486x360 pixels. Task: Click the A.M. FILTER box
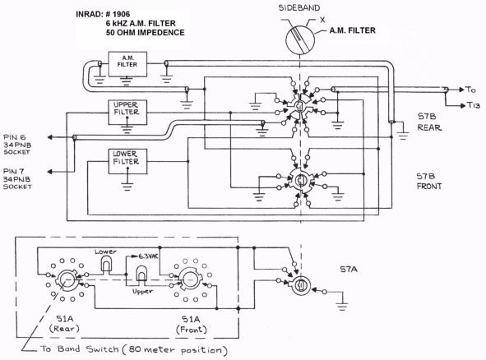[x=127, y=64]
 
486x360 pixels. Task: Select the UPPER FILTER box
[x=127, y=112]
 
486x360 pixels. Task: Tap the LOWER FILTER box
[x=127, y=161]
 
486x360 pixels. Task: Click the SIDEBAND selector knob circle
[x=299, y=40]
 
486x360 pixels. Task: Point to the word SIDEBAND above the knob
[x=299, y=8]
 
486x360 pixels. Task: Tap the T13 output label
[x=474, y=106]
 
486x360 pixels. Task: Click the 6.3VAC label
[x=148, y=256]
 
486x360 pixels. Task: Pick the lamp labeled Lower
[x=106, y=265]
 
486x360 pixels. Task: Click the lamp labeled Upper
[x=142, y=273]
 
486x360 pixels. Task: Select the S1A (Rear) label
[x=64, y=324]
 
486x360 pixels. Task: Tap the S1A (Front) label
[x=192, y=325]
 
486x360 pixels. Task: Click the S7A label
[x=349, y=270]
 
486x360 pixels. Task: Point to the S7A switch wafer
[x=301, y=286]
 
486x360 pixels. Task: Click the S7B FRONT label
[x=429, y=182]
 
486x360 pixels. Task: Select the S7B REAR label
[x=429, y=122]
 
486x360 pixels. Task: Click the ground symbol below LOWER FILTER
[x=127, y=187]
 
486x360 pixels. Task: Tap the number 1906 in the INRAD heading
[x=121, y=14]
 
